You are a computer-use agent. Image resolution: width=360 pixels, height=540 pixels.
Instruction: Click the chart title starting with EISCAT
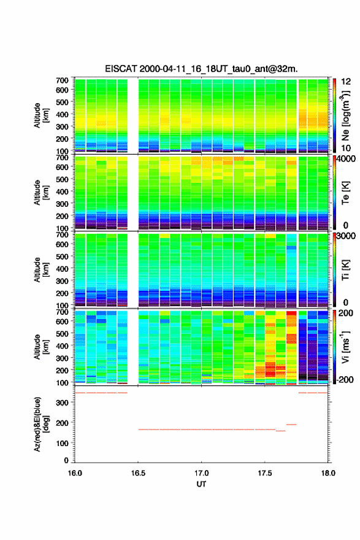click(201, 69)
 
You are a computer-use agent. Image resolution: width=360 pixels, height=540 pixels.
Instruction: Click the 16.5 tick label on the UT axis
click(138, 473)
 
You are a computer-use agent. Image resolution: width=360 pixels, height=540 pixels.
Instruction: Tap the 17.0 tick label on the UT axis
click(201, 473)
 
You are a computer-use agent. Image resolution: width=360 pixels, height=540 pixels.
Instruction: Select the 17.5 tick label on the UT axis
click(265, 473)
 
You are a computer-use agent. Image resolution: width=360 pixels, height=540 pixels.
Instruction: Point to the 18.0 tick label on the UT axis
click(328, 473)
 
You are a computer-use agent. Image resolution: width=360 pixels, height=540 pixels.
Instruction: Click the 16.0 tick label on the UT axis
click(75, 473)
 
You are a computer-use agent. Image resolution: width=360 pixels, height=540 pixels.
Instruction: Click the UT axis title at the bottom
click(201, 484)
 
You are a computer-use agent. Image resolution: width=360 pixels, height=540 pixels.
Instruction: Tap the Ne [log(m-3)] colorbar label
click(345, 116)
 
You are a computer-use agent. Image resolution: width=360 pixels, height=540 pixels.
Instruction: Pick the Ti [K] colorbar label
click(345, 269)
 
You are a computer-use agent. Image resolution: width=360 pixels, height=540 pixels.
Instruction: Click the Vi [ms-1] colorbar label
click(345, 347)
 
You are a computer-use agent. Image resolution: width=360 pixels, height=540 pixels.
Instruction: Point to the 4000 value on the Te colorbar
click(346, 159)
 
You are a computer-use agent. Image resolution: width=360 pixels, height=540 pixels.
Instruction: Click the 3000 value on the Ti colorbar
click(346, 236)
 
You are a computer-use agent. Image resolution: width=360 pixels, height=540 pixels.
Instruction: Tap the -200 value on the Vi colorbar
click(345, 379)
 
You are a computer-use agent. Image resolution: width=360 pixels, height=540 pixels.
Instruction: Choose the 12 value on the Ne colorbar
click(346, 82)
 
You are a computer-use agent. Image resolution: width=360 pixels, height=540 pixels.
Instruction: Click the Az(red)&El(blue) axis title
click(41, 424)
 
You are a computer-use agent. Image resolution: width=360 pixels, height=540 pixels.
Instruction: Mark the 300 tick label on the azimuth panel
click(62, 403)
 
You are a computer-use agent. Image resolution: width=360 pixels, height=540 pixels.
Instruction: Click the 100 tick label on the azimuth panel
click(62, 443)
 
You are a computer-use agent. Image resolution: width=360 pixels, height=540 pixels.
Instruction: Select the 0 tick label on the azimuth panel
click(66, 460)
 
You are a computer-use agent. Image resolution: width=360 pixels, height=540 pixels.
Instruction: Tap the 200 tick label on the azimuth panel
click(62, 423)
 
